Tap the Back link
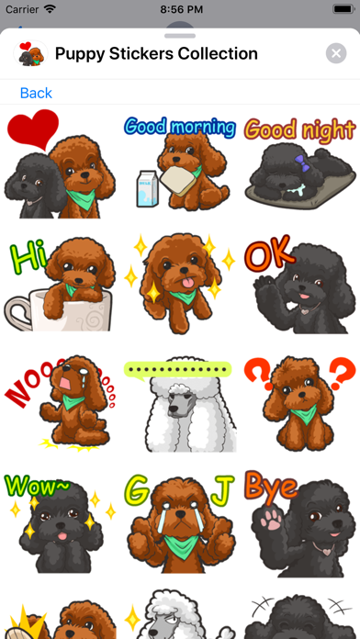click(36, 93)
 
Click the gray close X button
click(336, 53)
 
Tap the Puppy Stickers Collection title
click(156, 53)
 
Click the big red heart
click(33, 129)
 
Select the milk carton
click(147, 188)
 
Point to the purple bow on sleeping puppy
click(300, 161)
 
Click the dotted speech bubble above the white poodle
click(178, 370)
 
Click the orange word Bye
click(271, 486)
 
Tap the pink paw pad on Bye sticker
click(271, 519)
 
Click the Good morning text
click(180, 127)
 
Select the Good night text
click(299, 129)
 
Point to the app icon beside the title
click(30, 53)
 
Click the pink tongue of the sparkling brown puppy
click(187, 283)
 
